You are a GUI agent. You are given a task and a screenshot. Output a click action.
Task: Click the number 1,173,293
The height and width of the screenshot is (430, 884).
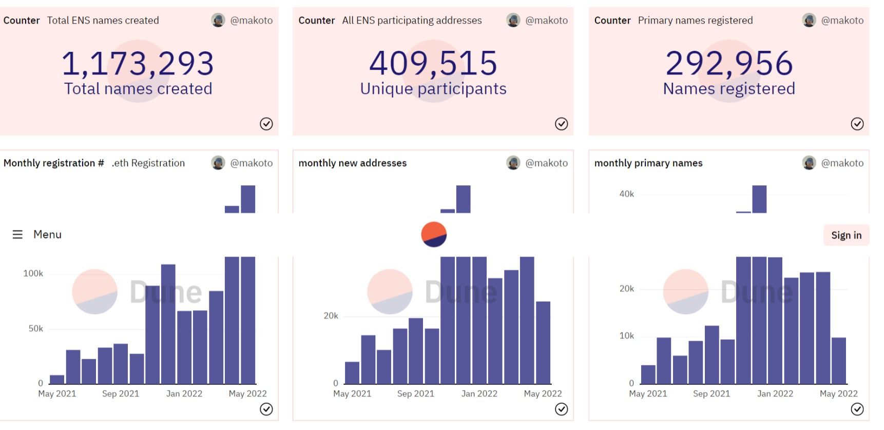pyautogui.click(x=138, y=64)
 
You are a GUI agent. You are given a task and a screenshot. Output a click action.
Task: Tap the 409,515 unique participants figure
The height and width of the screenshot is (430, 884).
pyautogui.click(x=433, y=64)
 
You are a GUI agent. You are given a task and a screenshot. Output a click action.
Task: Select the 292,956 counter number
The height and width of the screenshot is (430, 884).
pyautogui.click(x=729, y=64)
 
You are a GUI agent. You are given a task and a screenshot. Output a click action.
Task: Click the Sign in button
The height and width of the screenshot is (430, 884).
pyautogui.click(x=846, y=235)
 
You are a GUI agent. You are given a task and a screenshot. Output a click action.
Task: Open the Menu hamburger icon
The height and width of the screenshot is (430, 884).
pyautogui.click(x=17, y=234)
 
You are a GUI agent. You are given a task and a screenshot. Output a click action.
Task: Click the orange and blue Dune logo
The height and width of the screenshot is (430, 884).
pyautogui.click(x=434, y=234)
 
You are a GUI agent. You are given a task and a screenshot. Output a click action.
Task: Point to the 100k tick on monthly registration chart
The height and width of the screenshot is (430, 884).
pyautogui.click(x=33, y=273)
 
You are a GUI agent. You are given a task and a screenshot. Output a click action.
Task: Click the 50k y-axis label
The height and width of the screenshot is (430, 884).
pyautogui.click(x=35, y=328)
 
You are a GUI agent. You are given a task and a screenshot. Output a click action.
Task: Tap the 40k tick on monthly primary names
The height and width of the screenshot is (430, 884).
pyautogui.click(x=626, y=194)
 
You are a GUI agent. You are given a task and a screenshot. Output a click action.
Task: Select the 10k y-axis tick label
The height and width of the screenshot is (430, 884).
pyautogui.click(x=626, y=336)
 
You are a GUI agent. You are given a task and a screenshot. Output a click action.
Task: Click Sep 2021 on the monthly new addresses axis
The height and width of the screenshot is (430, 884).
pyautogui.click(x=415, y=394)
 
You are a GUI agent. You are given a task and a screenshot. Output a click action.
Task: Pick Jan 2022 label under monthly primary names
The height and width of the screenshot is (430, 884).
pyautogui.click(x=775, y=394)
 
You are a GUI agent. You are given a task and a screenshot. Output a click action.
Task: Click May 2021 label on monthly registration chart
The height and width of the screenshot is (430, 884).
pyautogui.click(x=57, y=394)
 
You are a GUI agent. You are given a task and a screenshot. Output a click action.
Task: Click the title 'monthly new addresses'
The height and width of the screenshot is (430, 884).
pyautogui.click(x=352, y=163)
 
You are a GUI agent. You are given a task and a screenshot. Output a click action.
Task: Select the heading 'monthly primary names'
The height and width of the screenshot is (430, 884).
pyautogui.click(x=648, y=163)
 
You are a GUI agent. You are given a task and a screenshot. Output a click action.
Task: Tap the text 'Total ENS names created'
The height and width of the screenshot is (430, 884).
pyautogui.click(x=103, y=21)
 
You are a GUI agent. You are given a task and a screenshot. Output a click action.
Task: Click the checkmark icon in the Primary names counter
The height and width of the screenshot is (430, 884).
pyautogui.click(x=857, y=124)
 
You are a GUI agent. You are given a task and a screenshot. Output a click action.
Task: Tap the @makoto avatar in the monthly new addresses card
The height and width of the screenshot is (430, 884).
pyautogui.click(x=513, y=163)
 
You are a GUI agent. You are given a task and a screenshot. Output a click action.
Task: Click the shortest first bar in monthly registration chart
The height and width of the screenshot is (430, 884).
pyautogui.click(x=57, y=380)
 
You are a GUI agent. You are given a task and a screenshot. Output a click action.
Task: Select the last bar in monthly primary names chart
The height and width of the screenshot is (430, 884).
pyautogui.click(x=838, y=361)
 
